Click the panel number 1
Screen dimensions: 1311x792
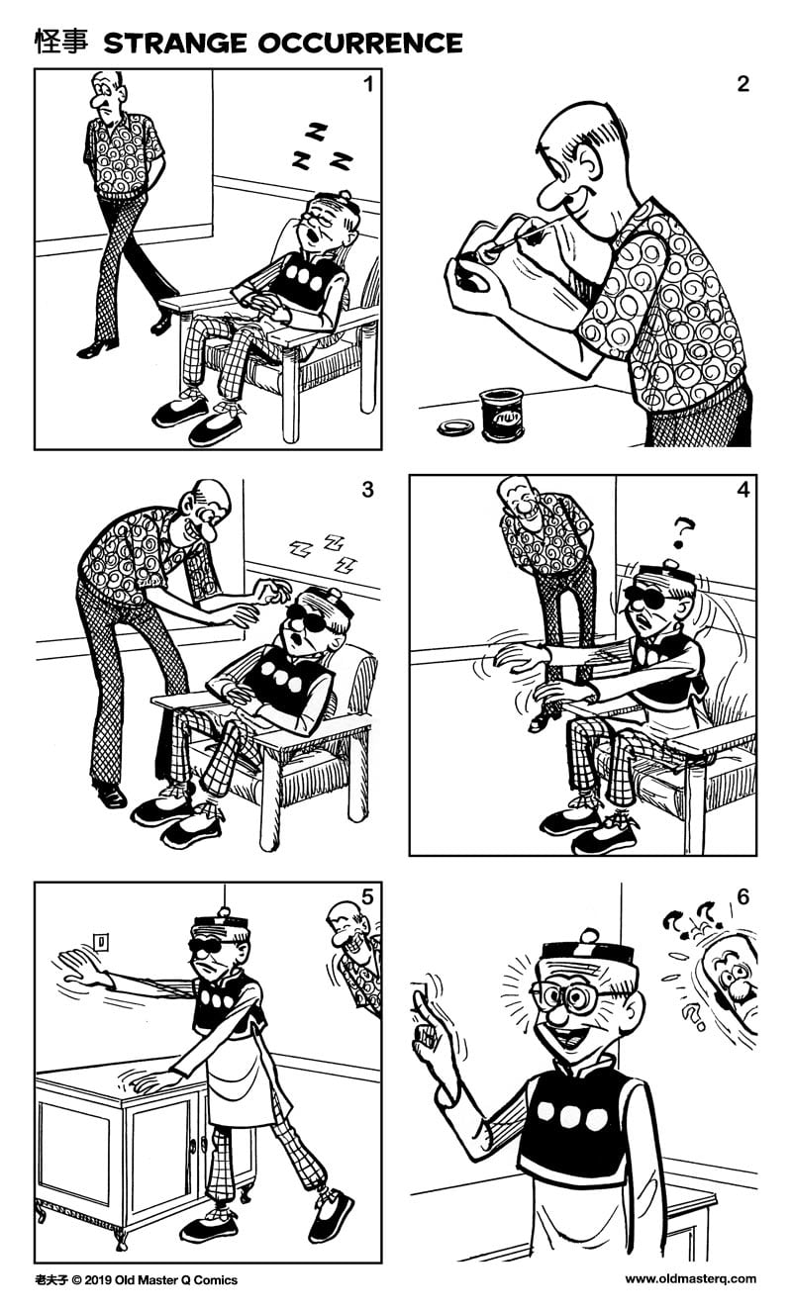pyautogui.click(x=368, y=84)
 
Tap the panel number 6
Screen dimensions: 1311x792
pyautogui.click(x=742, y=897)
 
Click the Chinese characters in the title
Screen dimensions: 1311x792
pyautogui.click(x=61, y=42)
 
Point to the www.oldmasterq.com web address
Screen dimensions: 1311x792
pyautogui.click(x=690, y=1278)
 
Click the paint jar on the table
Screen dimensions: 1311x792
pyautogui.click(x=501, y=413)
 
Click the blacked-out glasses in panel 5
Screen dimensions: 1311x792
pyautogui.click(x=215, y=943)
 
